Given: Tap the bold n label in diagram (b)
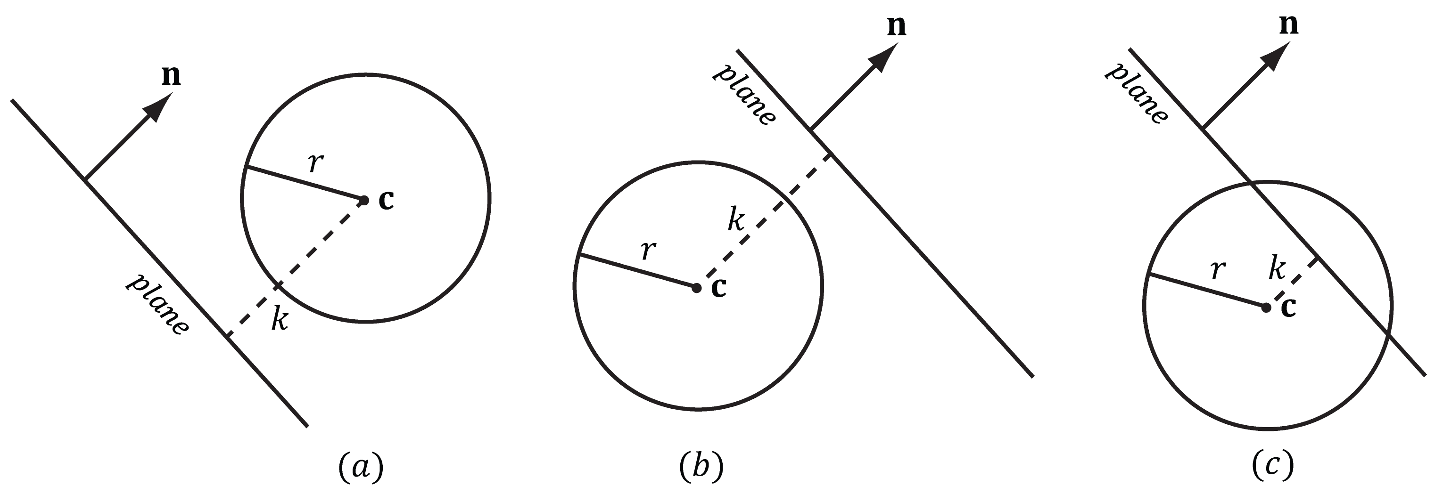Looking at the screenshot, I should (x=896, y=26).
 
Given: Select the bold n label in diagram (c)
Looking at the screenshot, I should (x=1289, y=24).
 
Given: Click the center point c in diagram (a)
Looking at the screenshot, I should (x=364, y=200).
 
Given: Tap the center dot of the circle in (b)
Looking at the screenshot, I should (x=696, y=288).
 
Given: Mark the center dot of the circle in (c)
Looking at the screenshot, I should (x=1266, y=307).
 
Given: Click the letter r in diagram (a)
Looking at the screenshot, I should (x=316, y=162).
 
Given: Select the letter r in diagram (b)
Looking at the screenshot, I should (x=648, y=250).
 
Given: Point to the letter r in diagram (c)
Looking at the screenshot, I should (x=1217, y=270).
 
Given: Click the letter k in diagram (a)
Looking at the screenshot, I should (x=280, y=320).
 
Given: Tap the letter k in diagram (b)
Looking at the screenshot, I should (x=736, y=219).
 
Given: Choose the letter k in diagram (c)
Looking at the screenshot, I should (x=1277, y=267).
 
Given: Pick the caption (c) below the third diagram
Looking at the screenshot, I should (x=1273, y=466).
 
